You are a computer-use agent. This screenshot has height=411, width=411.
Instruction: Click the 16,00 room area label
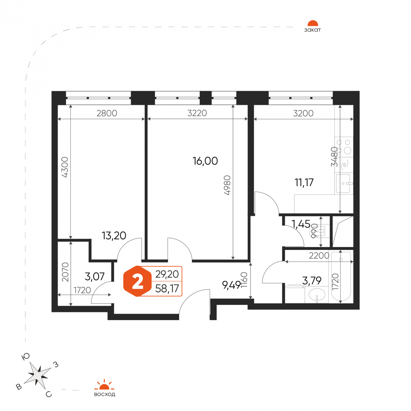(x=205, y=161)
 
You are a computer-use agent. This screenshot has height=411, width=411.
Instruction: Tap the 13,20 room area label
(x=114, y=236)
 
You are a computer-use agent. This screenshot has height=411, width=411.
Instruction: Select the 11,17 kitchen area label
(x=304, y=182)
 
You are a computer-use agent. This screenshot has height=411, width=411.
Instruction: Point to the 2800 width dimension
(x=107, y=113)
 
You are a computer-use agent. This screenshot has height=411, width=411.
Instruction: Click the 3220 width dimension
(x=197, y=113)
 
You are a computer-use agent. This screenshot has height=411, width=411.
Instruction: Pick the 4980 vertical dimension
(x=227, y=185)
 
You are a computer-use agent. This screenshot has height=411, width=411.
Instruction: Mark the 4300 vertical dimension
(x=64, y=167)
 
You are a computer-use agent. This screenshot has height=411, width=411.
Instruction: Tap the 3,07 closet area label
(x=95, y=276)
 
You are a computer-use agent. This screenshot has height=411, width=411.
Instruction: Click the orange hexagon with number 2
(x=137, y=281)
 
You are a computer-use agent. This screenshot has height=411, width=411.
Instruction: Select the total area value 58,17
(x=167, y=288)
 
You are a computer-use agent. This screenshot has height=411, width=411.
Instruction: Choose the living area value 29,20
(x=167, y=274)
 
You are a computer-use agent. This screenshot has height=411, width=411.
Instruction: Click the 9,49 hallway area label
(x=231, y=285)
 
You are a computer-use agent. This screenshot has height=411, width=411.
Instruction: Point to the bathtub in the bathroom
(x=341, y=276)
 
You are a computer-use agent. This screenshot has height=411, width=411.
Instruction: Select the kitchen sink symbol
(x=344, y=183)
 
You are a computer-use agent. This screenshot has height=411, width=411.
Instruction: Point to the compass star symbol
(x=37, y=375)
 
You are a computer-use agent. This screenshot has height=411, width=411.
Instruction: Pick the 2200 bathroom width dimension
(x=319, y=256)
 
